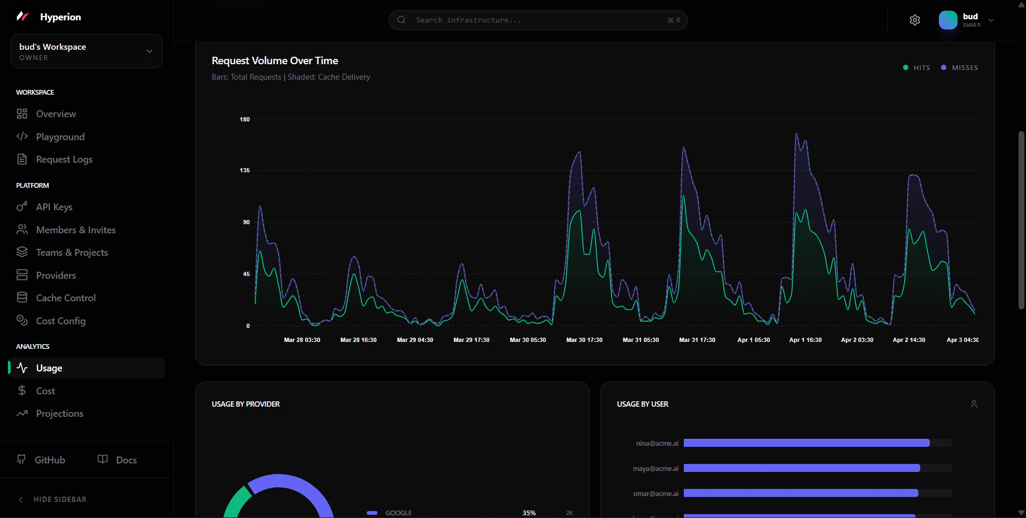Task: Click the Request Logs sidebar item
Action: tap(64, 159)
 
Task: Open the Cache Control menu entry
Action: tap(65, 298)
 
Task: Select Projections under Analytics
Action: tap(59, 414)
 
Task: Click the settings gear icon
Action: tap(915, 20)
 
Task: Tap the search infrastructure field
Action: tap(537, 20)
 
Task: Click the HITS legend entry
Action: tap(917, 68)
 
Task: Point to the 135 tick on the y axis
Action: tap(244, 170)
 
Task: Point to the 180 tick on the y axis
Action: tap(244, 119)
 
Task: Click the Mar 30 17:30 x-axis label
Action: tap(584, 340)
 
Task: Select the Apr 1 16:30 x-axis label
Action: tap(805, 340)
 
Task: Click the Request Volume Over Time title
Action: tap(275, 61)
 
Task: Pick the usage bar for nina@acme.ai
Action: tap(806, 443)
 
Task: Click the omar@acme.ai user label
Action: tap(655, 493)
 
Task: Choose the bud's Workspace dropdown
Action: tap(86, 51)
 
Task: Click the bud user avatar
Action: tap(948, 20)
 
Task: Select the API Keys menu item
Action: tap(54, 207)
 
